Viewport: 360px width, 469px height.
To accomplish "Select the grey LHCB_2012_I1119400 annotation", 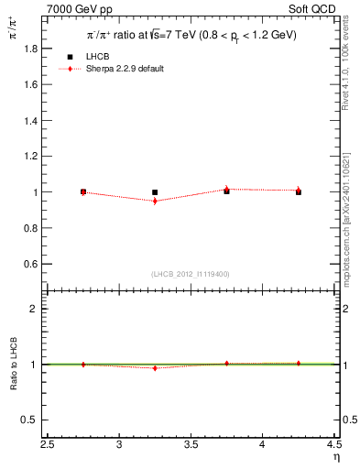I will [191, 274].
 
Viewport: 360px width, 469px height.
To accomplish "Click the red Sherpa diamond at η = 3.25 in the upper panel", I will [155, 201].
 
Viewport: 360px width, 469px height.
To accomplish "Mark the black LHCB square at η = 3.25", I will [155, 192].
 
